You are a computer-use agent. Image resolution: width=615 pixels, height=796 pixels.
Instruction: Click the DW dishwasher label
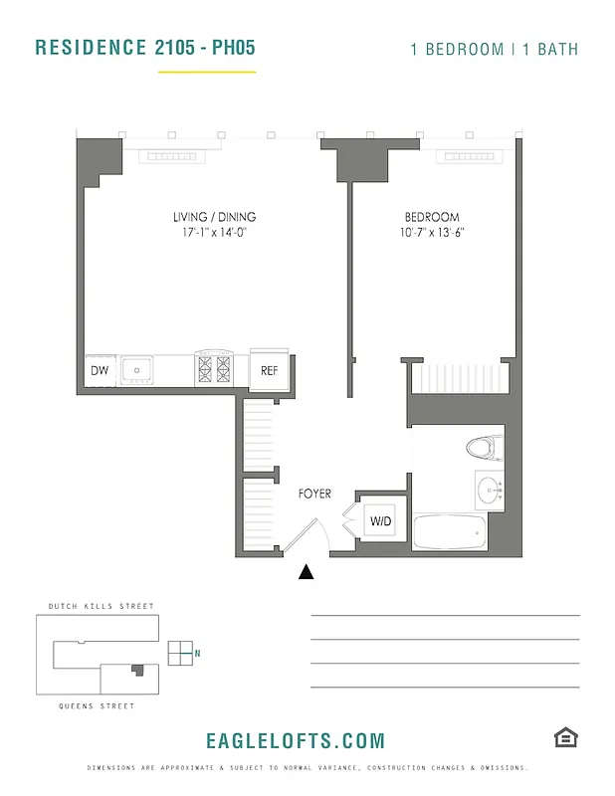pyautogui.click(x=100, y=371)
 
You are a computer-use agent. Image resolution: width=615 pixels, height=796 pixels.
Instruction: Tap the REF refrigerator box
pyautogui.click(x=269, y=370)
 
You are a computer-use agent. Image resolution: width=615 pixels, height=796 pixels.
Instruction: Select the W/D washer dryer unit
pyautogui.click(x=380, y=520)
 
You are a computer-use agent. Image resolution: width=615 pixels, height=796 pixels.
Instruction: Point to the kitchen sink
pyautogui.click(x=136, y=371)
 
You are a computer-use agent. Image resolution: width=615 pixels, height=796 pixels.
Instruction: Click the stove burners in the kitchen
pyautogui.click(x=213, y=370)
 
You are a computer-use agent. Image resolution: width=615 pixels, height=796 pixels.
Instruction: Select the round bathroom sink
pyautogui.click(x=488, y=490)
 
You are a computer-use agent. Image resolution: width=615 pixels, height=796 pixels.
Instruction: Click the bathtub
pyautogui.click(x=449, y=532)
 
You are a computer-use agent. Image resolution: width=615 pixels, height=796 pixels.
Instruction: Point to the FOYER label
pyautogui.click(x=314, y=494)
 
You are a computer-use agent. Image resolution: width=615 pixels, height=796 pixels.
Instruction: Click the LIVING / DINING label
pyautogui.click(x=214, y=217)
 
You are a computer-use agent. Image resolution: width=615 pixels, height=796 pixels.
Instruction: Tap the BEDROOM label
pyautogui.click(x=432, y=217)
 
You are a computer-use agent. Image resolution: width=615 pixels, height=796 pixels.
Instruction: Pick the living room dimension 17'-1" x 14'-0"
pyautogui.click(x=214, y=233)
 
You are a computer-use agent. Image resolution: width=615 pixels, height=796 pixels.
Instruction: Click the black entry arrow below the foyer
pyautogui.click(x=307, y=571)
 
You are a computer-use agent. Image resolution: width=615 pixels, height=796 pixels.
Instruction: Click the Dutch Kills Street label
pyautogui.click(x=102, y=606)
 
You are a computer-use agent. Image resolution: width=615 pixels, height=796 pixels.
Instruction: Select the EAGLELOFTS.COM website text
pyautogui.click(x=295, y=740)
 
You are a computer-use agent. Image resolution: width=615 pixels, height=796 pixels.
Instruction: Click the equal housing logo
pyautogui.click(x=566, y=737)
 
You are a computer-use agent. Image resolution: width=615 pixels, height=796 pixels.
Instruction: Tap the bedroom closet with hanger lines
pyautogui.click(x=460, y=378)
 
